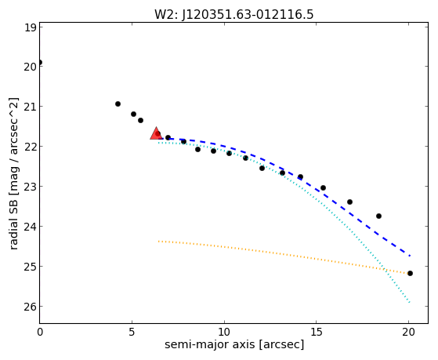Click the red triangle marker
[156, 133]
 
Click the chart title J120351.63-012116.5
[248, 15]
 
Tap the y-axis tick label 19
[31, 27]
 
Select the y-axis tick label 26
[31, 307]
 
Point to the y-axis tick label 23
[31, 187]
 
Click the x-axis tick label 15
[316, 332]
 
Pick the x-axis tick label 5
[132, 332]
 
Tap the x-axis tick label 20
[408, 332]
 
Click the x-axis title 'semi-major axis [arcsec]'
[234, 344]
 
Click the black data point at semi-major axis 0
[40, 63]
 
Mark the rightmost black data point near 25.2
[410, 273]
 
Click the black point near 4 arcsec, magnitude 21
[118, 104]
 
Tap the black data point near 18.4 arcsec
[378, 216]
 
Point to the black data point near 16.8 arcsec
[349, 202]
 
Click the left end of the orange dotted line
[158, 241]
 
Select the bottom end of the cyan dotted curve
[410, 303]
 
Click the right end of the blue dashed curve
[410, 256]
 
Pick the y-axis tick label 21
[31, 107]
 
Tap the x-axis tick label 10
[224, 332]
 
